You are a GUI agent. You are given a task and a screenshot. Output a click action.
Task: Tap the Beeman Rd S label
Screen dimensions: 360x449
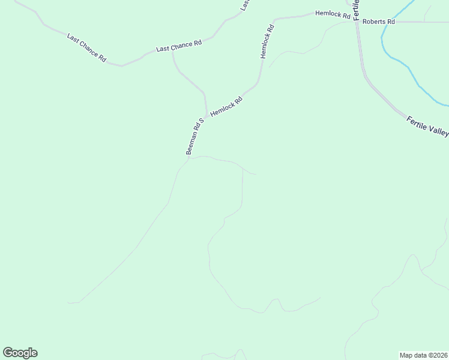click(x=195, y=137)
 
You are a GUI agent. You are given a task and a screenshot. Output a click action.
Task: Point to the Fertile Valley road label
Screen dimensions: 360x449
click(x=427, y=127)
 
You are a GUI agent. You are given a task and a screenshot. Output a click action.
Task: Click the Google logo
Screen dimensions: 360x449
click(x=20, y=353)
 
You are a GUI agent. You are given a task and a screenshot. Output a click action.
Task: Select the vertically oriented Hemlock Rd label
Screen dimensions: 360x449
click(x=267, y=41)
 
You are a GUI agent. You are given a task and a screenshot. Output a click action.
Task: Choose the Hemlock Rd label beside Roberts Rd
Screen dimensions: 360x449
click(x=333, y=14)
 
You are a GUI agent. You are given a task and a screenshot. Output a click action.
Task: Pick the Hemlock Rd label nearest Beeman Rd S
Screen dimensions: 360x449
click(x=226, y=107)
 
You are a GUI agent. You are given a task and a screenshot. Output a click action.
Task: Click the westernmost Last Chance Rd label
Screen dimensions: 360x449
click(x=86, y=49)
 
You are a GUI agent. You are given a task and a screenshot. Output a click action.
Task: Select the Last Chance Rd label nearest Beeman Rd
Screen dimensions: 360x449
click(x=178, y=45)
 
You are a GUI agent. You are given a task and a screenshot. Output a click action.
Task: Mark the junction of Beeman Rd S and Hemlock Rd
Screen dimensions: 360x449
click(x=207, y=115)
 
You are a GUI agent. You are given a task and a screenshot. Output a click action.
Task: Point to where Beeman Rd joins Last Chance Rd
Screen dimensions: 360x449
click(x=173, y=52)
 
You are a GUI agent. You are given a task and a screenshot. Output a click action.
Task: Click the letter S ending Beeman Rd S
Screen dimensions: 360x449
click(x=202, y=120)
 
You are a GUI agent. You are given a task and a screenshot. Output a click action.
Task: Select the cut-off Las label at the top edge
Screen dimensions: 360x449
click(x=244, y=5)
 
